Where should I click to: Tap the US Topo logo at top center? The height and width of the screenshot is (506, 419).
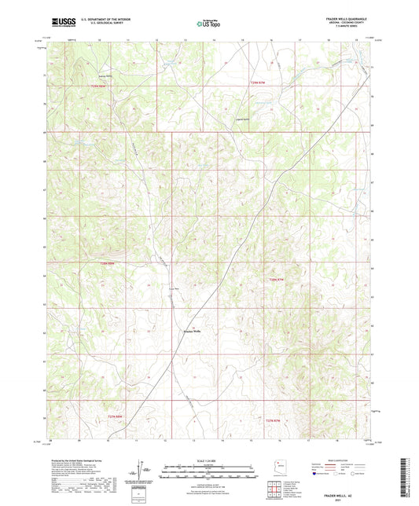pos(208,24)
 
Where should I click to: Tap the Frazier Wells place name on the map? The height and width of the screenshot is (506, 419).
pos(192,332)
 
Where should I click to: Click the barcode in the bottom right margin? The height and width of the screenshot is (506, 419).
pos(406,480)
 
